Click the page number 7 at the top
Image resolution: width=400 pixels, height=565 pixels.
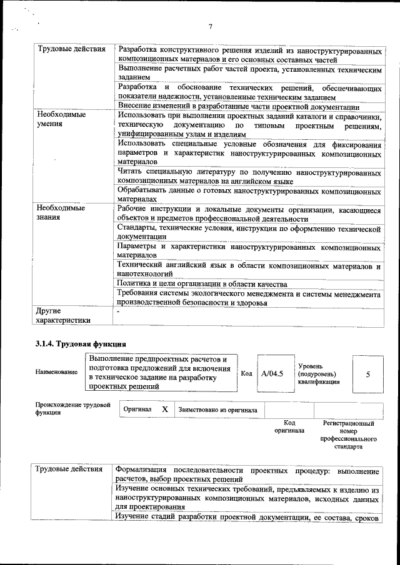pyautogui.click(x=210, y=26)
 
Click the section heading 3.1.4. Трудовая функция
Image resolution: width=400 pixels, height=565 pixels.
pyautogui.click(x=81, y=343)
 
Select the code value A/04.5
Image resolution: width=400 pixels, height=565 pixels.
pyautogui.click(x=272, y=373)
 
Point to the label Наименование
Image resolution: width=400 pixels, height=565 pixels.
pyautogui.click(x=56, y=372)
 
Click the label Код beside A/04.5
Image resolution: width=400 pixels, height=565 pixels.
pyautogui.click(x=246, y=373)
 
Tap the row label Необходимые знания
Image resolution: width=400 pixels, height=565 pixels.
pyautogui.click(x=60, y=213)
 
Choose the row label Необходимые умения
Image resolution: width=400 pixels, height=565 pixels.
pyautogui.click(x=60, y=120)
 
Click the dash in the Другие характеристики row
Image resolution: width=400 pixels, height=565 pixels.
pyautogui.click(x=117, y=310)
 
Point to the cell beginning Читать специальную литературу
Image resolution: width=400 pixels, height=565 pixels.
pyautogui.click(x=249, y=177)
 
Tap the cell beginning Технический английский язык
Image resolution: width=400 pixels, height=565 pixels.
pyautogui.click(x=249, y=270)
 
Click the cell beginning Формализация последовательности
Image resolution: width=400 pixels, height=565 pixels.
pyautogui.click(x=247, y=474)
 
